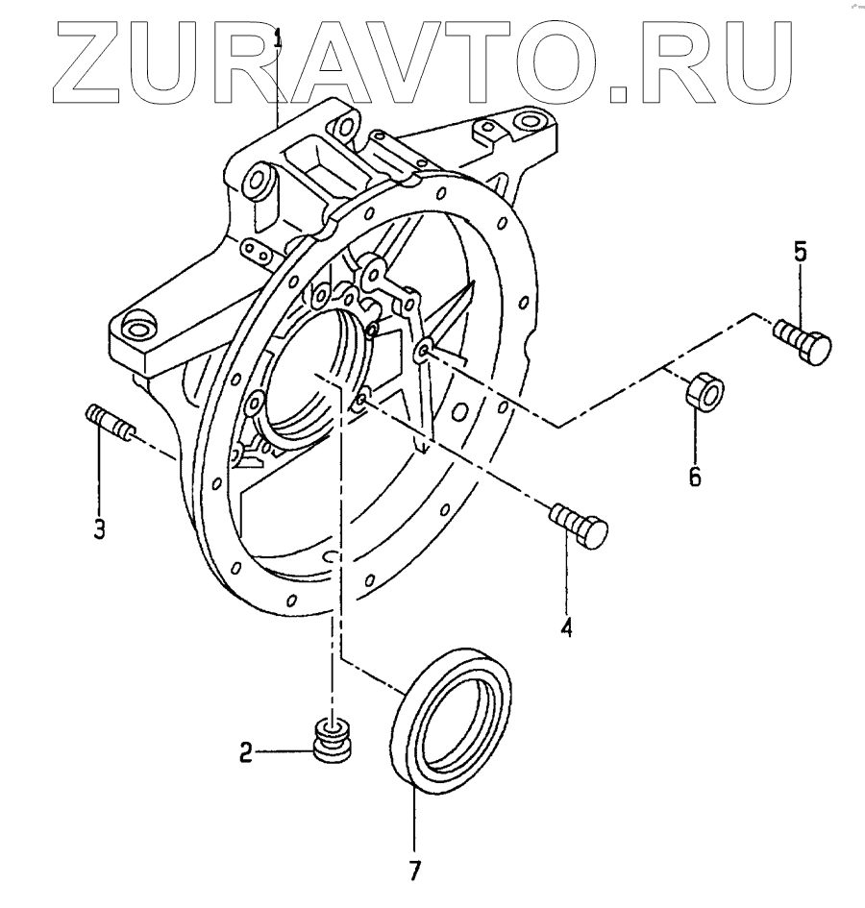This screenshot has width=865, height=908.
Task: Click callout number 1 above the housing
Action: coord(280,39)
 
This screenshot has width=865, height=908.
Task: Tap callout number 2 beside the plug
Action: coord(246,753)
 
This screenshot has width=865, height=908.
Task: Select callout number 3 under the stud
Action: coord(100,528)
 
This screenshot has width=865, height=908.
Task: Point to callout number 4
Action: coord(567,628)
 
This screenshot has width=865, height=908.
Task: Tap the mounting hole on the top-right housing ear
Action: coord(526,123)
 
